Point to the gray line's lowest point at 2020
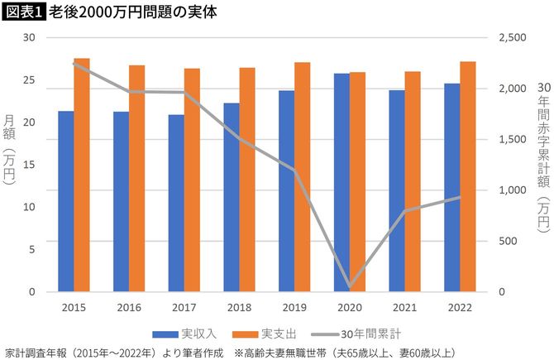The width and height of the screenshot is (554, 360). coord(350,287)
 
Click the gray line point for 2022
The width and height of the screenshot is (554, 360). coord(460,197)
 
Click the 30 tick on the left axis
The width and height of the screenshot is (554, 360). coord(29,38)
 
